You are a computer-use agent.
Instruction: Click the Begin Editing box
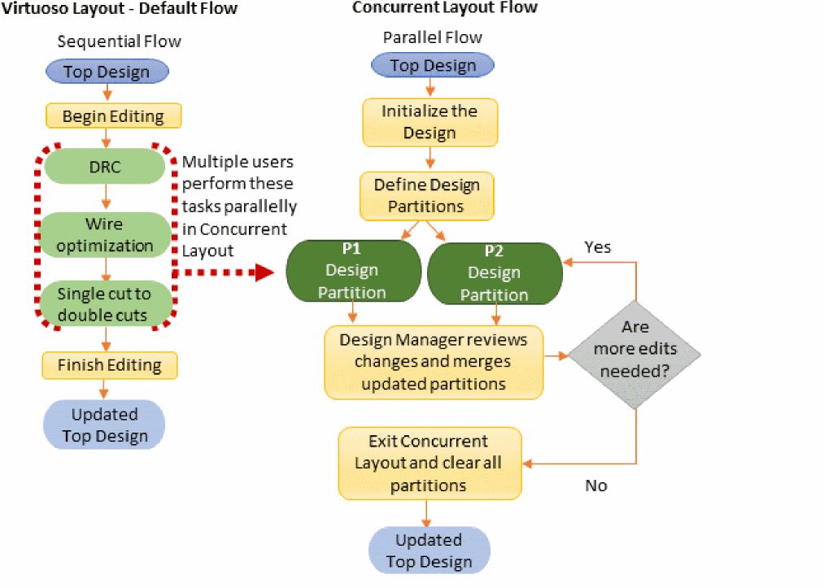113,116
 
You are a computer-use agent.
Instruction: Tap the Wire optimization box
107,234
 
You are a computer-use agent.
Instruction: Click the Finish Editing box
110,365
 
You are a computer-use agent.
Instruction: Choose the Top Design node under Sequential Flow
107,72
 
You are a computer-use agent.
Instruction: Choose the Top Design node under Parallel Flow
432,66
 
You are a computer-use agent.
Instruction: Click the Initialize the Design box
429,122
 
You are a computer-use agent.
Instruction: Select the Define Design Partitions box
426,195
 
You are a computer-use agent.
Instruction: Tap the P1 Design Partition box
353,270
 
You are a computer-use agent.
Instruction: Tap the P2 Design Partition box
495,272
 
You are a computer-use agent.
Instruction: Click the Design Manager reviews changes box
434,361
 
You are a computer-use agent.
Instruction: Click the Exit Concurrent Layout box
429,463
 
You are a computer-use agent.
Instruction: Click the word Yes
598,246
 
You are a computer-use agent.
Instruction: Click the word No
596,486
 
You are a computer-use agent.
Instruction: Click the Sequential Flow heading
119,41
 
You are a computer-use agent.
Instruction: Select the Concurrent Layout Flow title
445,7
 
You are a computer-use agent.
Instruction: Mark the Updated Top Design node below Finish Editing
104,425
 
